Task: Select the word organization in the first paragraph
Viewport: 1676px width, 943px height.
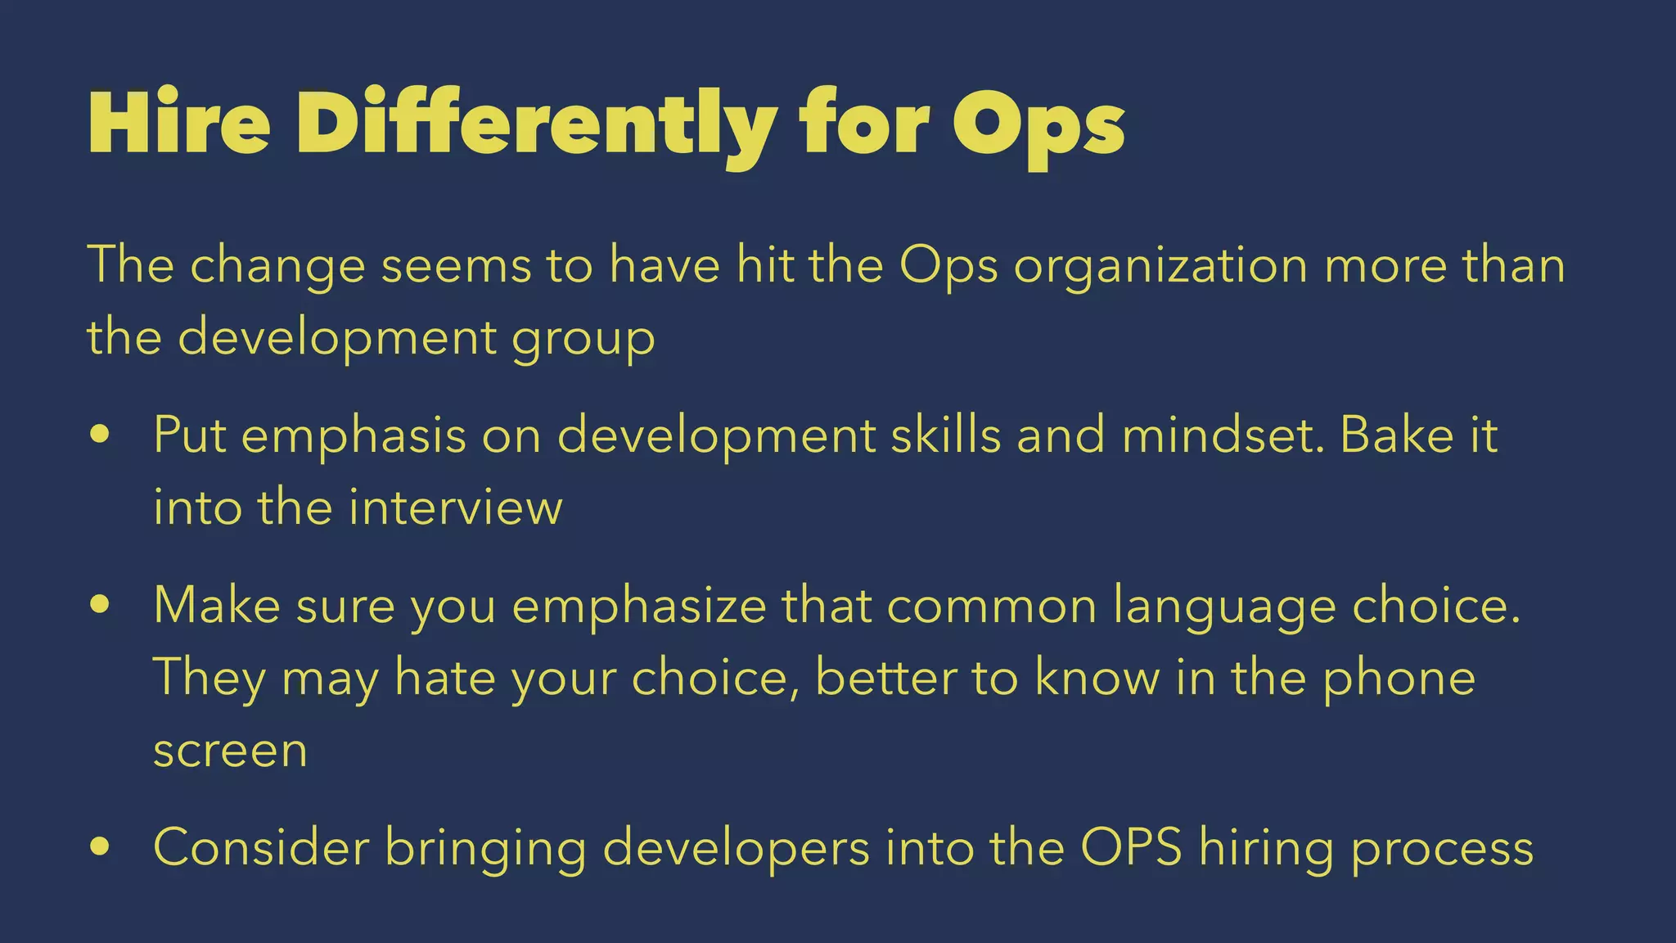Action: pos(1160,267)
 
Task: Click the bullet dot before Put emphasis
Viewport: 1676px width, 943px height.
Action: pos(101,435)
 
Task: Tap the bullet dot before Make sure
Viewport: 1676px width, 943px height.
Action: pos(101,605)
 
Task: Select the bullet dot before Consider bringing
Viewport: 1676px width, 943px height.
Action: pos(101,846)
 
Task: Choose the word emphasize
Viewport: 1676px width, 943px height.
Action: pos(639,607)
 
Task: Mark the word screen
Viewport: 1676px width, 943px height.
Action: pos(230,751)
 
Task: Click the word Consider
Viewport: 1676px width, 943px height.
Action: pos(261,846)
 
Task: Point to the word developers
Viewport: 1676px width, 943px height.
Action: pos(736,848)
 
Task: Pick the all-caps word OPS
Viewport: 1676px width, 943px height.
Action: pos(1131,846)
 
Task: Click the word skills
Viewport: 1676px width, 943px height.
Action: pos(945,435)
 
